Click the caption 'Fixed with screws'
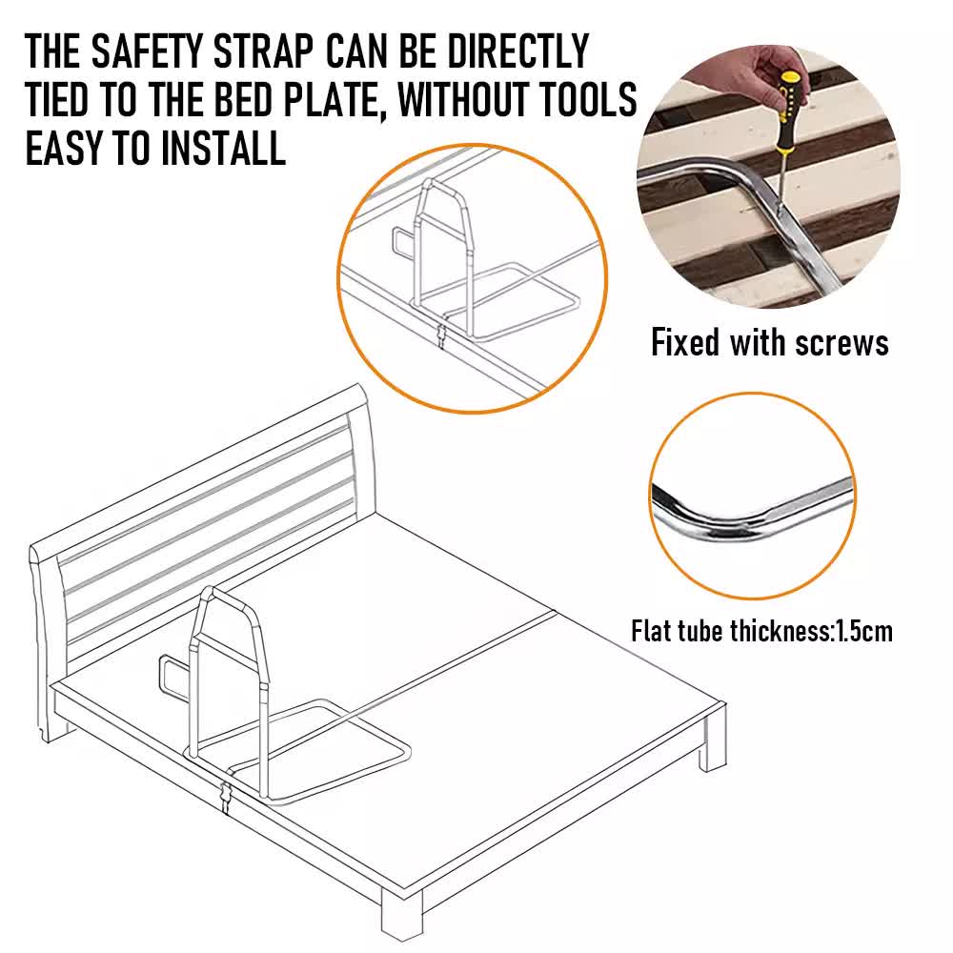(769, 342)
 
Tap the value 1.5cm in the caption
(862, 631)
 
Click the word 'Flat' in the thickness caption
(654, 631)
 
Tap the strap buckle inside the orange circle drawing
(440, 335)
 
